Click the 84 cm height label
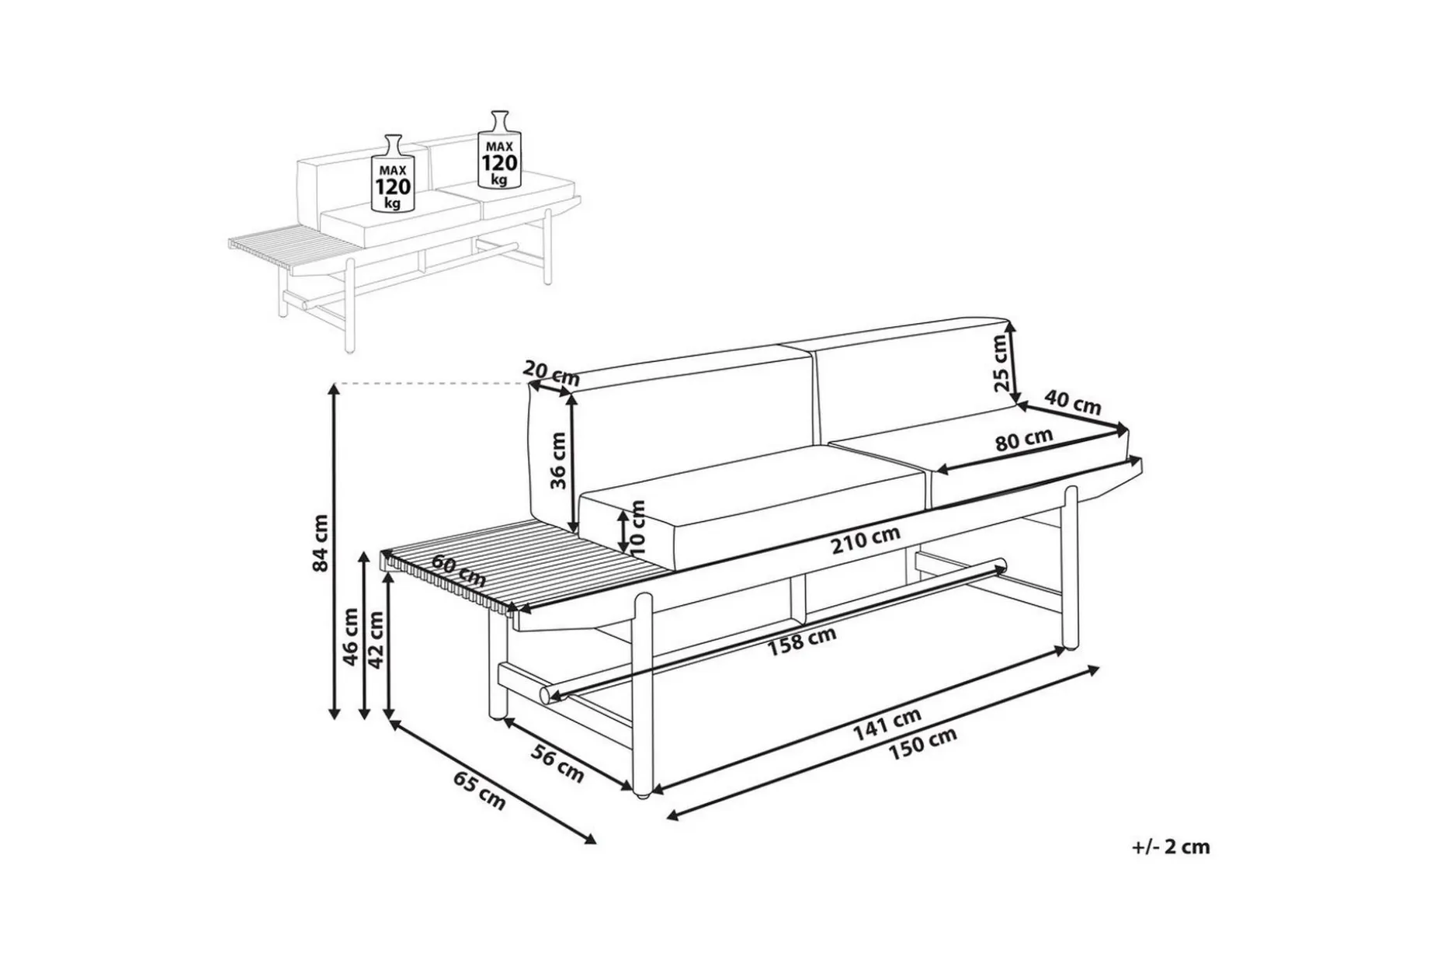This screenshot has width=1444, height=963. [x=320, y=543]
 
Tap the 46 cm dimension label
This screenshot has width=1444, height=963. [x=351, y=636]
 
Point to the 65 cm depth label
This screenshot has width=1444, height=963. [x=478, y=791]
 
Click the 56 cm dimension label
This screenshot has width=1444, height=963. [x=557, y=763]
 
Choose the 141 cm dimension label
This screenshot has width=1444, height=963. [x=887, y=723]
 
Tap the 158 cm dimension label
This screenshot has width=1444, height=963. [x=802, y=641]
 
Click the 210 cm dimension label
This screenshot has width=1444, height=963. [x=866, y=540]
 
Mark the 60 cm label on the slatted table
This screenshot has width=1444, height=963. [x=459, y=571]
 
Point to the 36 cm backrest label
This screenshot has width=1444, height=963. [x=559, y=460]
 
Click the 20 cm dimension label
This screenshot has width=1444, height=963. [x=551, y=373]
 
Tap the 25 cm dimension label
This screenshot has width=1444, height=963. [x=1003, y=362]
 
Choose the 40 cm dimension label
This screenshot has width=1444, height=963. [x=1072, y=402]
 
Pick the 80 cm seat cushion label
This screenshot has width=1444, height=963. [x=1024, y=440]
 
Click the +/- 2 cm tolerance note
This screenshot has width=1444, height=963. [x=1171, y=847]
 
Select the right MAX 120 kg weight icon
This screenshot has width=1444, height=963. [x=499, y=149]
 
